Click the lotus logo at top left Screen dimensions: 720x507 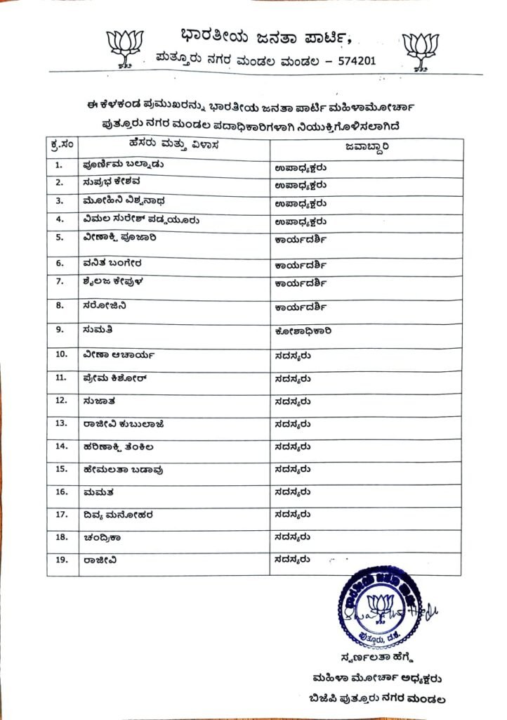tap(125, 47)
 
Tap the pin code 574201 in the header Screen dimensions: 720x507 tap(356, 60)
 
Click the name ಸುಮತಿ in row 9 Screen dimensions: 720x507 tap(97, 329)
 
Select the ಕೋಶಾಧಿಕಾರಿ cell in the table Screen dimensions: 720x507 tap(303, 330)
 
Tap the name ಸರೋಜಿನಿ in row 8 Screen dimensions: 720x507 tap(104, 306)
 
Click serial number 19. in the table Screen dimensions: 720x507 tap(61, 560)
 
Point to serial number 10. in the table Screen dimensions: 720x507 tap(61, 354)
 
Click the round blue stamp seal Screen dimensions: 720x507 tap(383, 606)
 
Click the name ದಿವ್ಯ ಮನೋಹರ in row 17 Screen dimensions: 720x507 tap(117, 515)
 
